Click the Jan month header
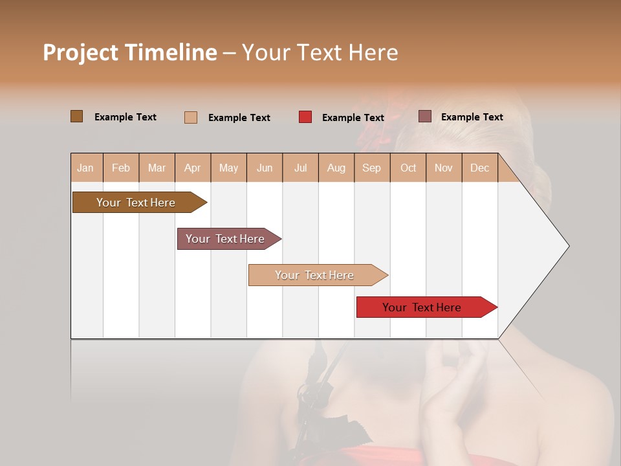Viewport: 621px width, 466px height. [85, 168]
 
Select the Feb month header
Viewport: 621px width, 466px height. [121, 168]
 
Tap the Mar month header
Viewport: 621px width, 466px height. [157, 168]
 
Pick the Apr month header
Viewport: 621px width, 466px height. [192, 168]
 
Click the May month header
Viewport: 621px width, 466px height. [228, 168]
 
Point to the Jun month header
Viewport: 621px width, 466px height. [265, 168]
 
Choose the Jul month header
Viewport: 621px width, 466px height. [300, 168]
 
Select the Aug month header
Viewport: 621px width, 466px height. [336, 168]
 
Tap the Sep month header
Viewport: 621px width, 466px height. [371, 168]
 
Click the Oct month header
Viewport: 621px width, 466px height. [408, 168]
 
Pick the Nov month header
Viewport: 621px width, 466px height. [444, 168]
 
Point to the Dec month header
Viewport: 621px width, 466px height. [479, 168]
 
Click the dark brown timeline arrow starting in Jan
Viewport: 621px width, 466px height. [136, 203]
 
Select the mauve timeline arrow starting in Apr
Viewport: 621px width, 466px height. [225, 239]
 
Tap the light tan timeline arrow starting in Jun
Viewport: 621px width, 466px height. [314, 275]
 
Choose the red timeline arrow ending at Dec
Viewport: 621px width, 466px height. [422, 307]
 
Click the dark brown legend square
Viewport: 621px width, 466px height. [77, 116]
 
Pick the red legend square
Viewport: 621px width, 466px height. [305, 117]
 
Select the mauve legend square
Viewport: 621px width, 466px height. [425, 116]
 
